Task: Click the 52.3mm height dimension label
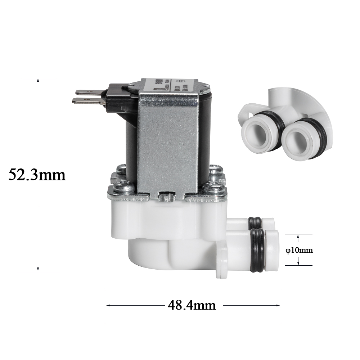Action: point(37,175)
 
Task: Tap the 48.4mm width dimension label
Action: point(192,306)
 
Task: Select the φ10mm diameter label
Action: point(299,250)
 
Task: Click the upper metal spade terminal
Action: point(86,92)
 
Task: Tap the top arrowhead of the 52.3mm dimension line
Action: point(38,80)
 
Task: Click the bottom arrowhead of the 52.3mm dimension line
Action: point(38,268)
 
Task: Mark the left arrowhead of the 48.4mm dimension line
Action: point(108,306)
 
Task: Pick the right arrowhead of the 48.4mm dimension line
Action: point(278,306)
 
